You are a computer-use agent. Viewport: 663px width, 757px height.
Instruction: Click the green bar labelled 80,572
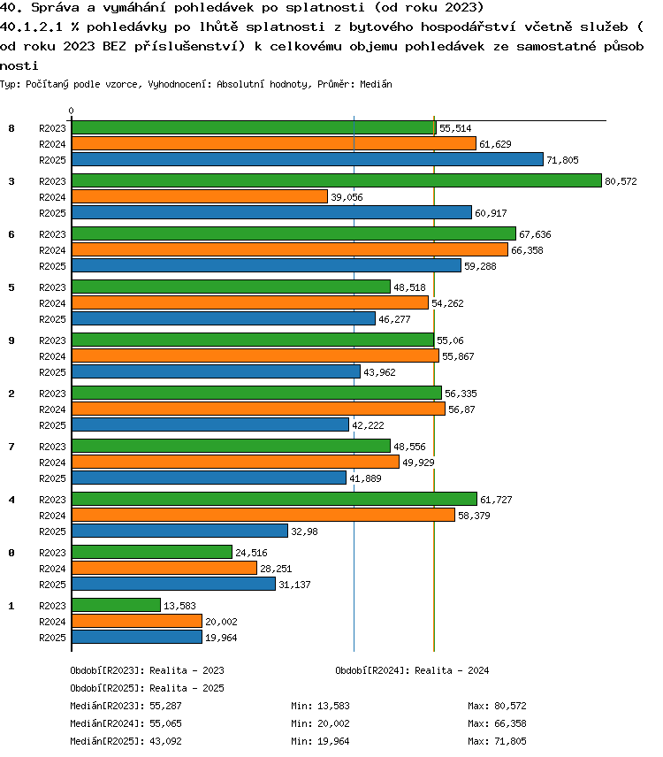coord(337,180)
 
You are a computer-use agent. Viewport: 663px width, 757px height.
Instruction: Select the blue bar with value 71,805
coord(308,159)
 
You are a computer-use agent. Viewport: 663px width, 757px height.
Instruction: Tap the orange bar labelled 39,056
coord(200,196)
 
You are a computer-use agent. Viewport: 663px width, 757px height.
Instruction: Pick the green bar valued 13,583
coord(117,605)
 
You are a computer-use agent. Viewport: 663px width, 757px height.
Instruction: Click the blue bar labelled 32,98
coord(180,531)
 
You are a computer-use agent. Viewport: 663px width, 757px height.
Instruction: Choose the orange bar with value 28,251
coord(164,568)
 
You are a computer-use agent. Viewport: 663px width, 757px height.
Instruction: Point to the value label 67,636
coord(535,234)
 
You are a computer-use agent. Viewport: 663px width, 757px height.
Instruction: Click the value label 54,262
coord(447,303)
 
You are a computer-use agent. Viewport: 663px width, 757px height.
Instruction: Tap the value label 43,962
coord(379,372)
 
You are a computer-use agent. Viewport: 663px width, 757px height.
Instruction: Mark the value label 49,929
coord(418,463)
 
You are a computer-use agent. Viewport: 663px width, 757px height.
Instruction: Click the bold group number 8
coord(11,128)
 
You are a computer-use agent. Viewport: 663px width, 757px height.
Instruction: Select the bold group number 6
coord(11,234)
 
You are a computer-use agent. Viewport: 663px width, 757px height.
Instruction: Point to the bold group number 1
coord(11,606)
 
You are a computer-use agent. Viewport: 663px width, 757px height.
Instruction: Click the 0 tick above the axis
coord(72,111)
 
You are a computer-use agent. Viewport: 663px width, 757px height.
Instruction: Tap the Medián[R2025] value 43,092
coord(165,741)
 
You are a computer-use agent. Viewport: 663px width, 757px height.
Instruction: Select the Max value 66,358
coord(510,723)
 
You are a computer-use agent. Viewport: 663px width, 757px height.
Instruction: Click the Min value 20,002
coord(333,723)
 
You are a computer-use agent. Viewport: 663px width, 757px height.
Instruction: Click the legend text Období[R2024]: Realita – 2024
coord(412,670)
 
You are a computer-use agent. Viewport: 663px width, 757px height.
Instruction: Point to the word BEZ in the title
coord(114,46)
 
